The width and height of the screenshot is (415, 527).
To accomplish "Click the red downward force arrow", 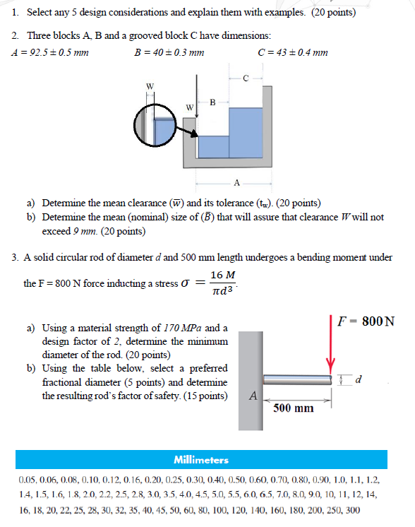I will point(330,343).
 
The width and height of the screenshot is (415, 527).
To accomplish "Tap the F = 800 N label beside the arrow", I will point(366,321).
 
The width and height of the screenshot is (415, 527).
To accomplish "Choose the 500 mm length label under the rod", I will point(293,408).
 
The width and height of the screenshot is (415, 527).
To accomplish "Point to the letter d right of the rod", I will point(359,381).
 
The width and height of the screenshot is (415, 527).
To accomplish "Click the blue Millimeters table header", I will point(204,459).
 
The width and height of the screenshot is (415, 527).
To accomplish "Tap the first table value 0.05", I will point(29,480).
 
